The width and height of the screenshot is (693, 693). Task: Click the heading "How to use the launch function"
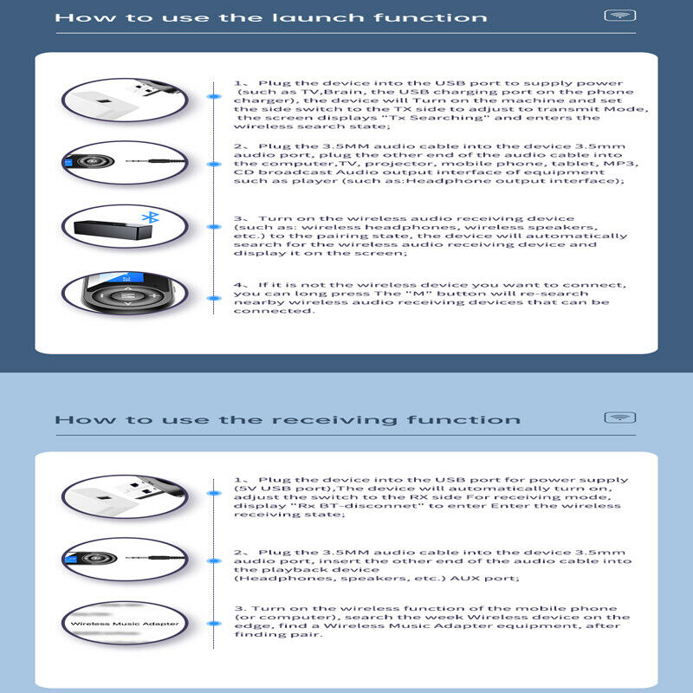click(271, 17)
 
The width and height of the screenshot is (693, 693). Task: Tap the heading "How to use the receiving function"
click(288, 419)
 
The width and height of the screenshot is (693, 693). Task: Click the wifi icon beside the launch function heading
click(619, 16)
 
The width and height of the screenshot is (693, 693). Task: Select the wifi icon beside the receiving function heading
click(619, 418)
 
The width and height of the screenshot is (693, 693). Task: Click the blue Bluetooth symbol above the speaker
click(151, 217)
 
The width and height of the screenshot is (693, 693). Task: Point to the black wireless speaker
click(113, 230)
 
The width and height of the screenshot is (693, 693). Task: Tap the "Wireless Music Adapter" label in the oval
click(125, 624)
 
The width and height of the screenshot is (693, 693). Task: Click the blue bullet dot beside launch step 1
click(214, 96)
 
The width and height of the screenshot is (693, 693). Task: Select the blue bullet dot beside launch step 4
click(214, 298)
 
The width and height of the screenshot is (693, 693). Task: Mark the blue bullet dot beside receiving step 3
click(214, 624)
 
